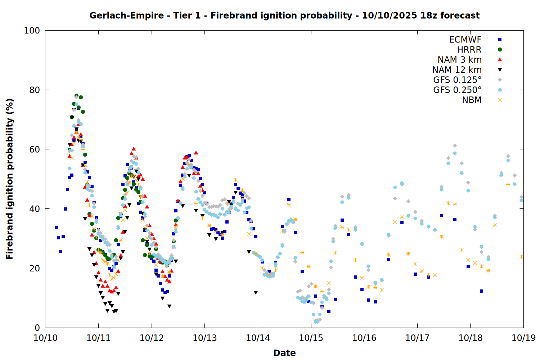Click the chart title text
pos(284,15)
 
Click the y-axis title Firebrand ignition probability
pos(10,179)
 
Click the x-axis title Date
pos(284,353)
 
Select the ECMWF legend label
pos(465,40)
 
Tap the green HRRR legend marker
pos(500,50)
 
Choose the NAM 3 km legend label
pos(459,60)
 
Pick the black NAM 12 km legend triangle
pos(500,70)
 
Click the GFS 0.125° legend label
pos(457,80)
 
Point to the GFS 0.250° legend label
pos(457,90)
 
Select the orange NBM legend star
pos(500,100)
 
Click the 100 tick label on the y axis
pos(32,31)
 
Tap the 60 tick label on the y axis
pos(35,149)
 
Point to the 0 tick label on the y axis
pos(37,328)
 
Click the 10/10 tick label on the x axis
pos(45,338)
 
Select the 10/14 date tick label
pos(258,338)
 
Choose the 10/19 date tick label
pos(523,338)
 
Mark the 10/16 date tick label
pos(364,338)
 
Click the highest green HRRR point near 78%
pos(76,96)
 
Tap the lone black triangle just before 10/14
pos(256,293)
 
